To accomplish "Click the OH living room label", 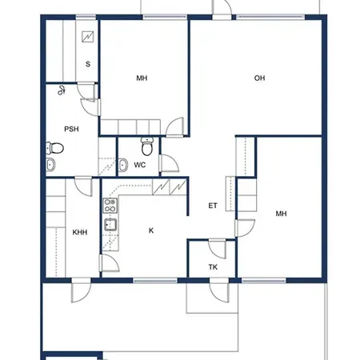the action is pos(259,78).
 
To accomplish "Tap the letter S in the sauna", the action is pos(88,64).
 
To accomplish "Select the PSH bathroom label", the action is pos(71,129).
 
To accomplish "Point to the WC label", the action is pos(140,165).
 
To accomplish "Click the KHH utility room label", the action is pos(80,232).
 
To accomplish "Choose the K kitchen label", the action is pos(151,230).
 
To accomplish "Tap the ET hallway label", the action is pos(213,206).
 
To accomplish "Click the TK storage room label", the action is pos(213,267).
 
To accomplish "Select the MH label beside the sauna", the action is pos(142,78).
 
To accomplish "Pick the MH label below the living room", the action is pos(282,214).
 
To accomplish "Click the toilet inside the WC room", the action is pos(146,146).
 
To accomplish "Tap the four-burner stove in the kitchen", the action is pos(110,206).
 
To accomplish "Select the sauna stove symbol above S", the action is pos(88,37).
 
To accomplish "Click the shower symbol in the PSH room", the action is pos(62,90).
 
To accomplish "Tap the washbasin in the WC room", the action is pos(123,165).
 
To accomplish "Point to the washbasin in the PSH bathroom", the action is pos(50,165).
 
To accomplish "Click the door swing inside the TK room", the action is pos(217,249).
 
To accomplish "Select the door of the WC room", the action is pos(169,163).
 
